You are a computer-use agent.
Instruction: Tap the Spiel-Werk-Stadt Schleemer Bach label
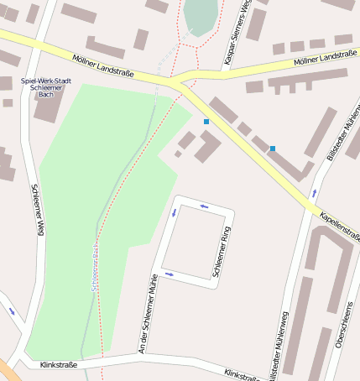point(46,86)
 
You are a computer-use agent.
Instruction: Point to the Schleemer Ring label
point(222,251)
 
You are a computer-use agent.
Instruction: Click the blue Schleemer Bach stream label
point(95,267)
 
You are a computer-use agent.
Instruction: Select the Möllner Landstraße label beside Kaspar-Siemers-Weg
point(326,57)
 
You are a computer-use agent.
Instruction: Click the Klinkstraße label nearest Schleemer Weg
point(59,365)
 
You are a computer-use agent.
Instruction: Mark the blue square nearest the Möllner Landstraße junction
point(206,122)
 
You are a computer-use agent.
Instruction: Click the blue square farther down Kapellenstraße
point(272,149)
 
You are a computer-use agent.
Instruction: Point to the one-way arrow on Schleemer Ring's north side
point(204,204)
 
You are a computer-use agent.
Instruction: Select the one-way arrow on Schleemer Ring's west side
point(175,211)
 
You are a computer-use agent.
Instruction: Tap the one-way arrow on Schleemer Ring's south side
point(169,274)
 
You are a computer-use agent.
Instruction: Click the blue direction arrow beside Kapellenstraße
point(314,192)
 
